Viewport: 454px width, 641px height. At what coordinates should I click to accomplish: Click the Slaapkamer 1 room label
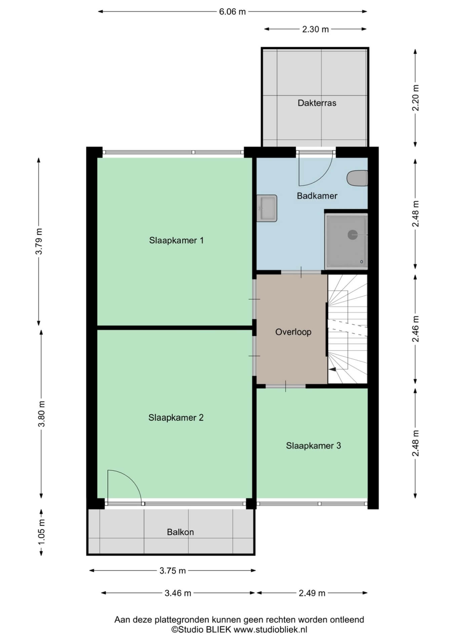point(176,240)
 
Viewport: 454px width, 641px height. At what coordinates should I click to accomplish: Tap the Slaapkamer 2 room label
point(176,418)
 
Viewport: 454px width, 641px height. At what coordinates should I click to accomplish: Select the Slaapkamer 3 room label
point(313,446)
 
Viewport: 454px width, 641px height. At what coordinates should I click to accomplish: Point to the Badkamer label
point(317,196)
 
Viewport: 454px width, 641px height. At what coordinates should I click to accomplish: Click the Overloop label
point(293,332)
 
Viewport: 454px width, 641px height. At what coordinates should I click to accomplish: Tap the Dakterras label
point(317,103)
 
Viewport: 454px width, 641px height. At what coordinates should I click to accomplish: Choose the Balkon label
point(180,532)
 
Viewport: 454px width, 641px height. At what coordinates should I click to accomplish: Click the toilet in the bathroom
point(357,178)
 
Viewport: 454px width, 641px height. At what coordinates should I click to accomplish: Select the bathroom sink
point(267,208)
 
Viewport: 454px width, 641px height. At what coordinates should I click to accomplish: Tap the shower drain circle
point(352,235)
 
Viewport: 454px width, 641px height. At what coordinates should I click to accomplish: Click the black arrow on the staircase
point(332,369)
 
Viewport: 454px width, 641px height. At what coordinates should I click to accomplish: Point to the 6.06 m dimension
point(232,12)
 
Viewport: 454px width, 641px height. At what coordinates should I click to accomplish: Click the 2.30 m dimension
point(315,29)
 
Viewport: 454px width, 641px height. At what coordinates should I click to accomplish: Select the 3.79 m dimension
point(39,241)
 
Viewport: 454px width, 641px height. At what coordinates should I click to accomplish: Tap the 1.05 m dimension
point(41,532)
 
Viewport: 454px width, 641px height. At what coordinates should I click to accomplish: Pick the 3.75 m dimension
point(173,570)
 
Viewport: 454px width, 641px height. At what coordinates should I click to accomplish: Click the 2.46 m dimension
point(416,329)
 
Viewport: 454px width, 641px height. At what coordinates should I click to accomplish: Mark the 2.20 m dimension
point(416,98)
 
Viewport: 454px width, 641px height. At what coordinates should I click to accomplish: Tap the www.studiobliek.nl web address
point(270,630)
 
